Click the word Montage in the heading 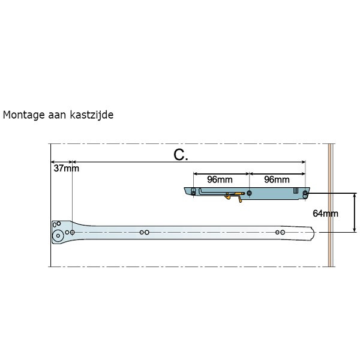click(23, 115)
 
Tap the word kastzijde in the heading click(92, 115)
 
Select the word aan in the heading click(57, 115)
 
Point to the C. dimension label click(181, 155)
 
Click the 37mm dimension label click(67, 168)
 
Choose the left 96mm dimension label click(220, 179)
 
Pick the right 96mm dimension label click(277, 179)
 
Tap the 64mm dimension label click(325, 214)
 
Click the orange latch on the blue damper click(234, 196)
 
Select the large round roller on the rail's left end click(58, 236)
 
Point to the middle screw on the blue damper click(250, 193)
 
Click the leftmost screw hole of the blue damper click(194, 191)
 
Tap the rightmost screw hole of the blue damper click(305, 194)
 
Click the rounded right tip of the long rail click(313, 233)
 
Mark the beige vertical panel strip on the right click(329, 205)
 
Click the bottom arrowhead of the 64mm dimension click(355, 230)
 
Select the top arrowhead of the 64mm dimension click(355, 196)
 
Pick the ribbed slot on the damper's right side click(296, 190)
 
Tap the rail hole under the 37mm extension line click(73, 232)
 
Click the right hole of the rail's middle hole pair click(147, 232)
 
